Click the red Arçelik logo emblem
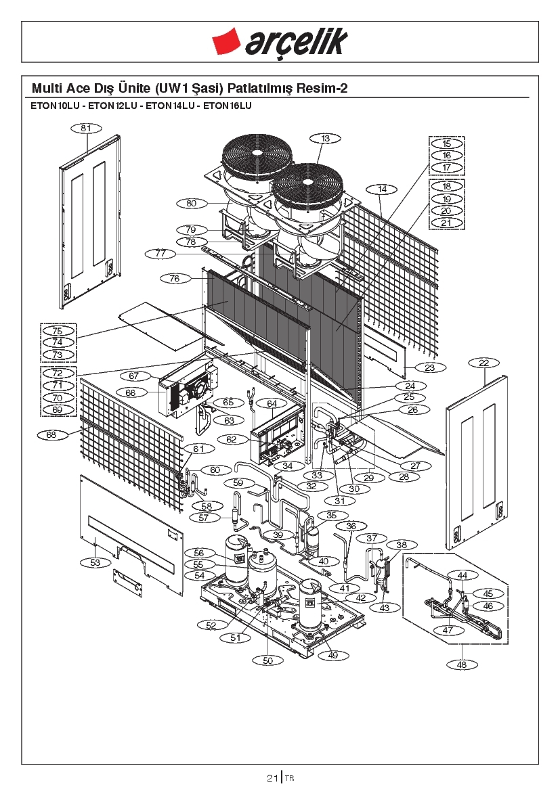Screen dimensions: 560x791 click(225, 41)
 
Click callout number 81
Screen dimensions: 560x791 click(87, 128)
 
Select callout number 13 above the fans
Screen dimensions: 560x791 click(325, 138)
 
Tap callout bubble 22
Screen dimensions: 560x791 click(483, 363)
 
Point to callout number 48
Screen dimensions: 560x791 click(462, 664)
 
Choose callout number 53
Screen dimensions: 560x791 click(95, 562)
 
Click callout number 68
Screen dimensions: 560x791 click(51, 434)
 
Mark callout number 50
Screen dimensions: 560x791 click(267, 660)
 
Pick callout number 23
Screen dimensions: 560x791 click(429, 367)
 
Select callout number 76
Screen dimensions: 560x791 click(175, 279)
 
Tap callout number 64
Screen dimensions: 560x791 click(272, 403)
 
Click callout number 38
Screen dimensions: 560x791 click(402, 545)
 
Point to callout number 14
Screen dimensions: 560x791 click(382, 189)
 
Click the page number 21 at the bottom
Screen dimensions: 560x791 click(272, 778)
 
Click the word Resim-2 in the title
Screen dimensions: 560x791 click(322, 88)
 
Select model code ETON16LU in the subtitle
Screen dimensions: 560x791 click(228, 106)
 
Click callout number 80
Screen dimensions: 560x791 click(192, 203)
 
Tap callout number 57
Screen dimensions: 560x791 click(204, 518)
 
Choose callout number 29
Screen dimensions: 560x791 click(368, 478)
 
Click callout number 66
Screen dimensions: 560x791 click(131, 392)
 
